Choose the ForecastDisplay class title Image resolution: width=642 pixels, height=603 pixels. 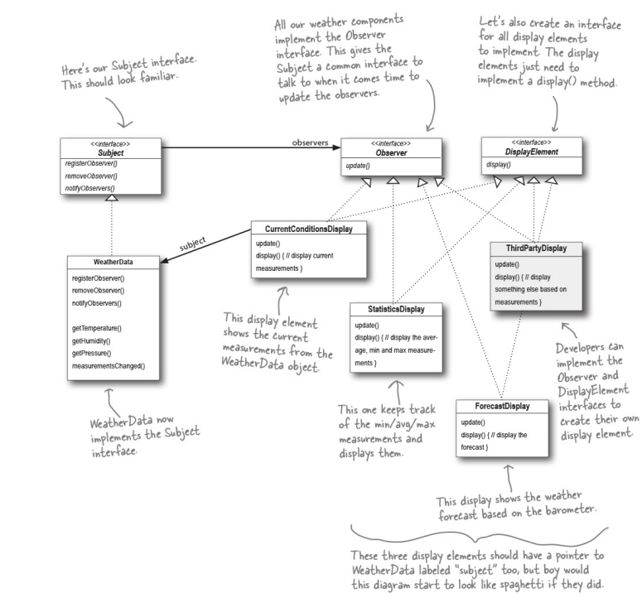503,407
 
